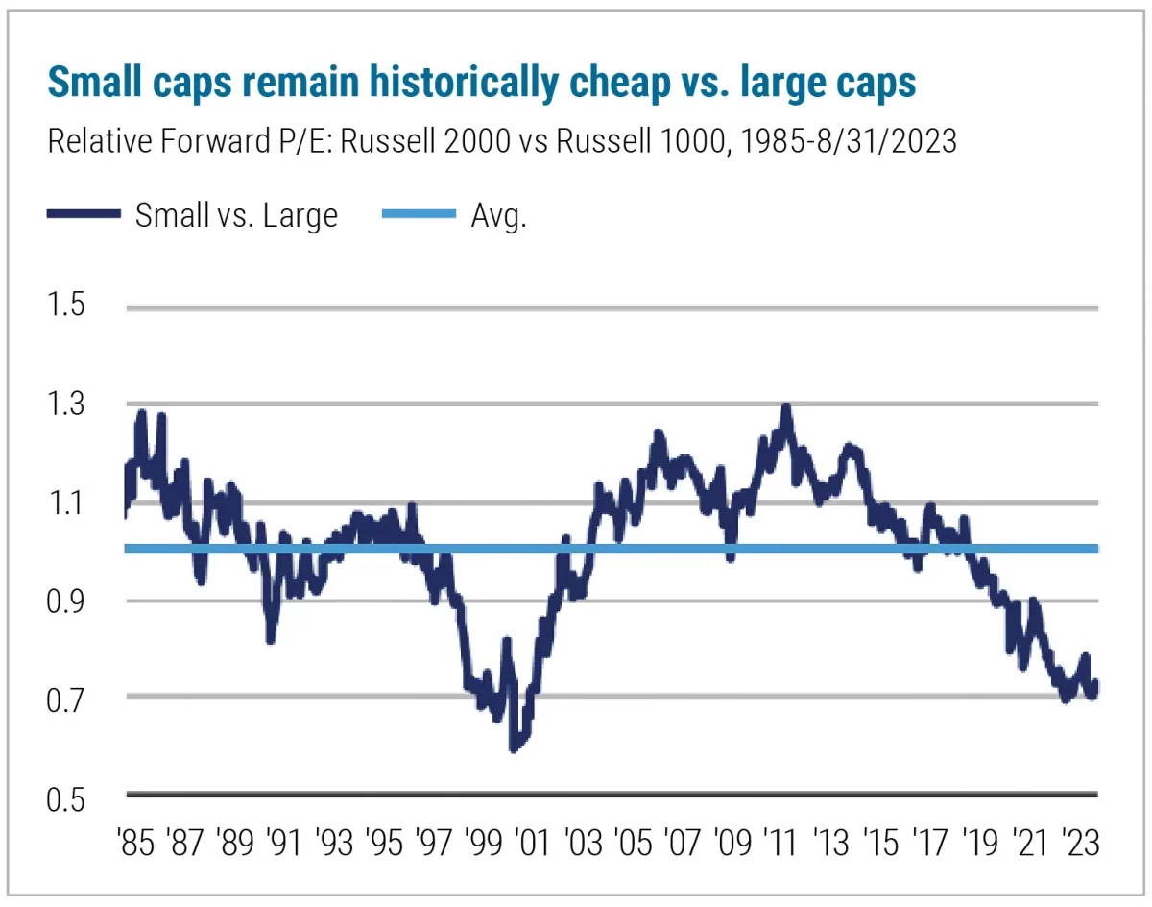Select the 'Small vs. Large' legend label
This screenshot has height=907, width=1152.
tap(236, 214)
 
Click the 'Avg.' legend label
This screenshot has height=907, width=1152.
tap(498, 214)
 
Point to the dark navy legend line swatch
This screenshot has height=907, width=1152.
tap(84, 214)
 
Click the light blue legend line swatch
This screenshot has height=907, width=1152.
tap(420, 214)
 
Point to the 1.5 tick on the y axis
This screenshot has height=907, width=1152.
tap(66, 306)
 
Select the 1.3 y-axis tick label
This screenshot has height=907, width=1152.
tap(66, 404)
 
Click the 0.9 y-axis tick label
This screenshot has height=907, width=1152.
tap(66, 601)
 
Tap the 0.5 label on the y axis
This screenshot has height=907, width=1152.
tap(66, 797)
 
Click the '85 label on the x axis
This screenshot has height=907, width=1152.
tap(136, 845)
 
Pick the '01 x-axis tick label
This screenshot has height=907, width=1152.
tap(530, 845)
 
